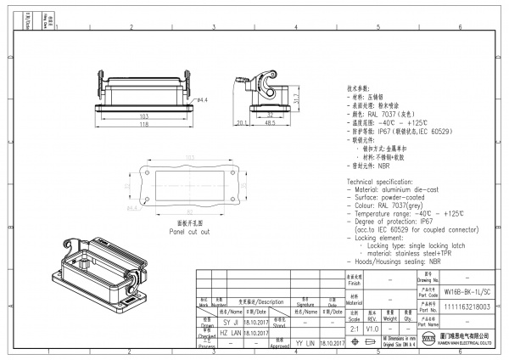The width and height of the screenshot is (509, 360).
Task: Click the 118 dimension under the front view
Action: [x=144, y=123]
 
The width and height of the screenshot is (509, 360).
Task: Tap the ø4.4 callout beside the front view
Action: [x=203, y=100]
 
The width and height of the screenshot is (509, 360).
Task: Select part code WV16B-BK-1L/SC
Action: [x=467, y=290]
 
